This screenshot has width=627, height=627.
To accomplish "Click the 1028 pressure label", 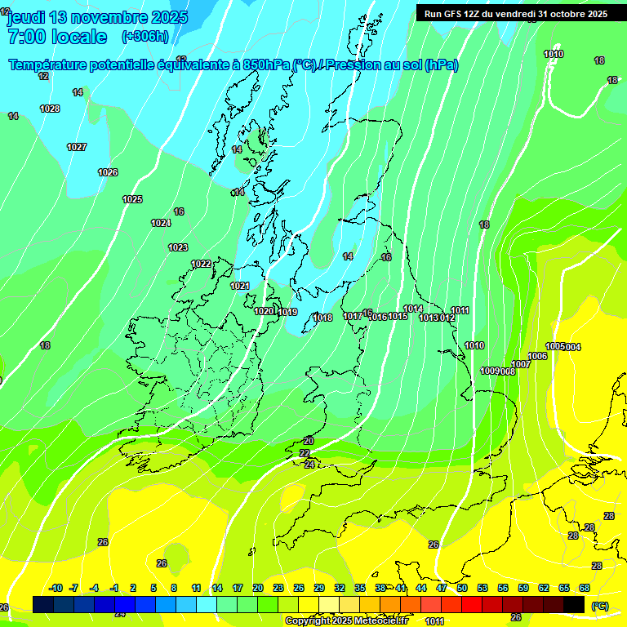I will (50, 109).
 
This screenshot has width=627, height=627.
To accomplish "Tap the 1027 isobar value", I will (77, 147).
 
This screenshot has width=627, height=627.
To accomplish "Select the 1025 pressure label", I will (132, 199).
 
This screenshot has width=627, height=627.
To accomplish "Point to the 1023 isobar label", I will (178, 247).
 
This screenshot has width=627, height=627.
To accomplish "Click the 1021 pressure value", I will (240, 286).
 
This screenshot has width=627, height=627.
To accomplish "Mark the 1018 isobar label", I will (323, 318).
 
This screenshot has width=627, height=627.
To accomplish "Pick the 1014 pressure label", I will (413, 309).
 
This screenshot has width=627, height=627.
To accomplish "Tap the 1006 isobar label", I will (537, 356).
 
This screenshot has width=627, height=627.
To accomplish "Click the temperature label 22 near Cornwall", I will (305, 453).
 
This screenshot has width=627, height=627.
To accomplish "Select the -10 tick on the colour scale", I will (56, 588).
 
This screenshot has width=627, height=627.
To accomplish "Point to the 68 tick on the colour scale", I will (585, 588).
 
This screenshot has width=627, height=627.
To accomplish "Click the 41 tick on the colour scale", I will (401, 588).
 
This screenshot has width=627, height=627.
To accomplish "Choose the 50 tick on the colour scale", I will (462, 588).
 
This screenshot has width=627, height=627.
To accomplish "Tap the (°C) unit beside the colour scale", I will (599, 606).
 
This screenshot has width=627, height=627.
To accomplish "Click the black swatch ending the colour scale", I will (574, 604).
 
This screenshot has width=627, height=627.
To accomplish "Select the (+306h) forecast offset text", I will (145, 37).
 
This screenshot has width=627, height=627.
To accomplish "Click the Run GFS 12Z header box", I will (515, 14).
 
